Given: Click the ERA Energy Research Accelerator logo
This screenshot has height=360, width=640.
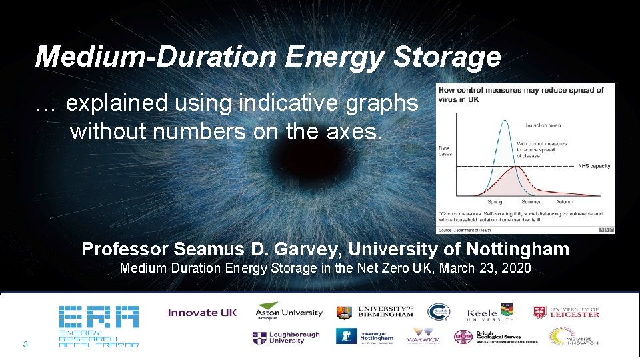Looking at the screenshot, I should (x=99, y=326).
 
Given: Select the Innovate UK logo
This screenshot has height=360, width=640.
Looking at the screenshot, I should (x=202, y=313).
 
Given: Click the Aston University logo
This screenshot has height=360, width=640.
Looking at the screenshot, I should (x=289, y=311).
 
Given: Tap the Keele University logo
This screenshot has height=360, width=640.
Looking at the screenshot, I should (x=491, y=312).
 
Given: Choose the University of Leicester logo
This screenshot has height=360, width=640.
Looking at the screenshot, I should (x=566, y=312).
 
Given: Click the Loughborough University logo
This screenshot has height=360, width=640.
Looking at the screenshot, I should (x=286, y=338).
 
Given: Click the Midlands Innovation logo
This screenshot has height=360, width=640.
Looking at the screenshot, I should (x=573, y=337).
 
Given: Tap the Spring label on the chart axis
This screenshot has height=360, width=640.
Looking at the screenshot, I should (x=495, y=201).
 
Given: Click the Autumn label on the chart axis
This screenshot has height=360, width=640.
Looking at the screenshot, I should (x=565, y=201).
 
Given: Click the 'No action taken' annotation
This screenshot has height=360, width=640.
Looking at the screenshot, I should (x=543, y=125).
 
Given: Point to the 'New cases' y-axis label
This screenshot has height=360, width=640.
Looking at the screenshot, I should (x=445, y=151).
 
